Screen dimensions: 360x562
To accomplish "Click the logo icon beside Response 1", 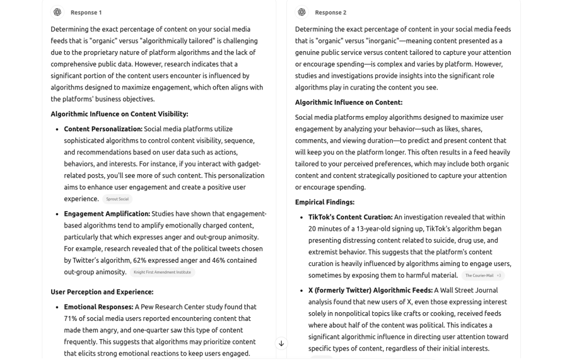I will click(x=57, y=12).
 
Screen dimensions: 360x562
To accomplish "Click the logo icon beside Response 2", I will click(x=302, y=12).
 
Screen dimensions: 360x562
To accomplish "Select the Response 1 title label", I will click(x=86, y=13).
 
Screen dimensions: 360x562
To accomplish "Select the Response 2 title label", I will click(x=331, y=13).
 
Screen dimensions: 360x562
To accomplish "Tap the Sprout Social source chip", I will click(x=117, y=199).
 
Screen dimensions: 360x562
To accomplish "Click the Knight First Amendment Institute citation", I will click(x=162, y=272).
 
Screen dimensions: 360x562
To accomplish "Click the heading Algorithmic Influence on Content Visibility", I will click(x=119, y=114).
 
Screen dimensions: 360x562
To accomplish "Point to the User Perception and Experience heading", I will click(x=102, y=292).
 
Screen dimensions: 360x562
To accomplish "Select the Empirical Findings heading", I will click(x=325, y=202).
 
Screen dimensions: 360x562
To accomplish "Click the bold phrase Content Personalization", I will click(x=103, y=129).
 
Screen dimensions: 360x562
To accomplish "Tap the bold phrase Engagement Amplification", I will click(x=107, y=214).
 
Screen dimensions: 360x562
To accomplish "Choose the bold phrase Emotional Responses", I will click(x=98, y=307).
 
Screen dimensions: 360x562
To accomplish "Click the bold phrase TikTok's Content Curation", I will click(x=350, y=217).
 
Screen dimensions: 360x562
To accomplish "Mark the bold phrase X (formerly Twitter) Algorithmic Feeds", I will click(x=370, y=290).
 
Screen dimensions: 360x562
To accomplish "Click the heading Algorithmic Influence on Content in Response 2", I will click(x=348, y=102).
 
